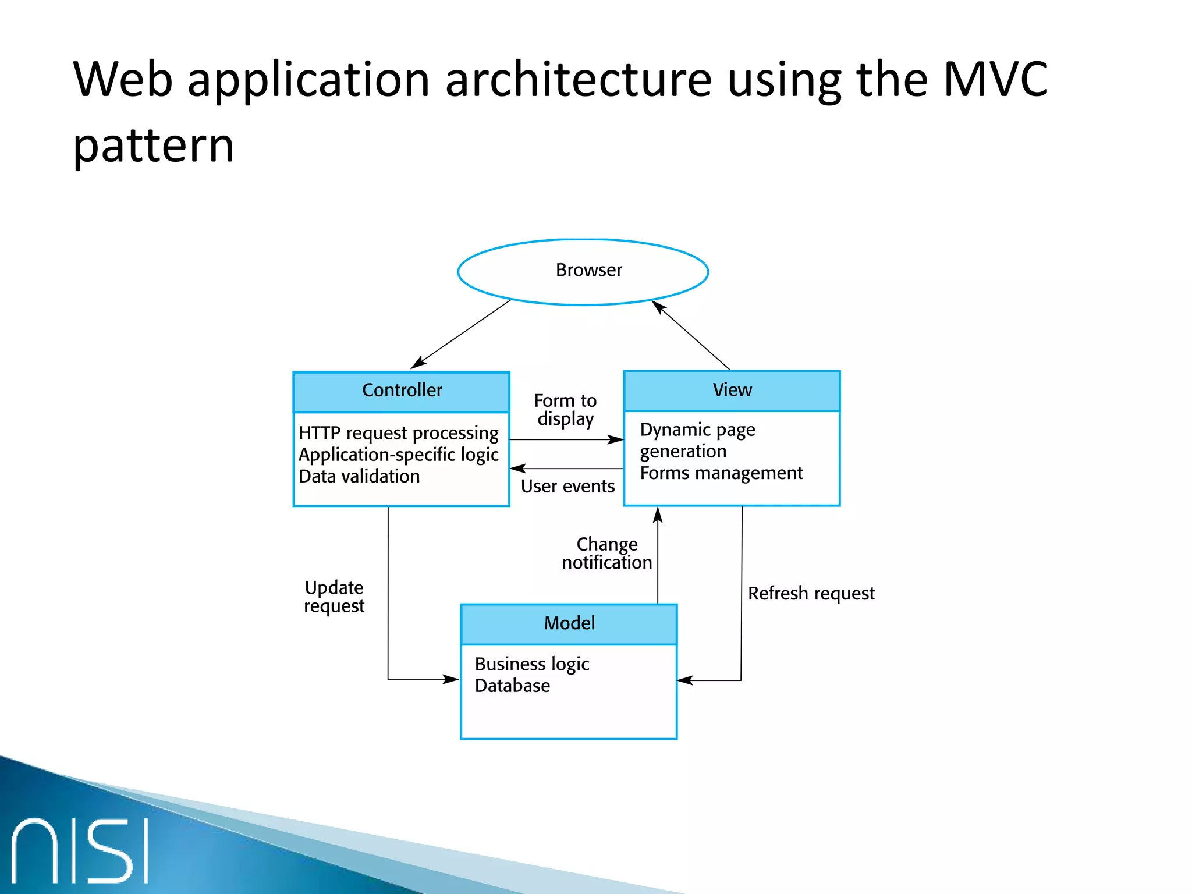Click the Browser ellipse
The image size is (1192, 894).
click(583, 271)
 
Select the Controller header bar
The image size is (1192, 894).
click(401, 391)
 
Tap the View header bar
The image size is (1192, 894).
click(732, 391)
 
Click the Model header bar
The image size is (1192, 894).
click(569, 624)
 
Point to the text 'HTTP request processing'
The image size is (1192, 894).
click(398, 434)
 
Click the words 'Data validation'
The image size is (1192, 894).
click(359, 477)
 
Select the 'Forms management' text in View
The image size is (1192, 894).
click(721, 473)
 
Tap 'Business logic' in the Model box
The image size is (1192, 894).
click(531, 664)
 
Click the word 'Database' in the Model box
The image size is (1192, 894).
click(512, 686)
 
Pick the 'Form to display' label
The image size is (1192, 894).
click(565, 410)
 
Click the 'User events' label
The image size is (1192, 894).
click(567, 487)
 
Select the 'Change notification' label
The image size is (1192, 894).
click(606, 554)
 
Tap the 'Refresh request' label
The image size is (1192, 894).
click(811, 594)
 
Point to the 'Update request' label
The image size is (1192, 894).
click(334, 597)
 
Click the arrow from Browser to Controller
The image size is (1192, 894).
click(461, 334)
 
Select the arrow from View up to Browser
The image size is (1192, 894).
click(691, 335)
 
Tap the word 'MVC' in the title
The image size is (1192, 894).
click(995, 80)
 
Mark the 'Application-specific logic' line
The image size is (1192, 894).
click(398, 455)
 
